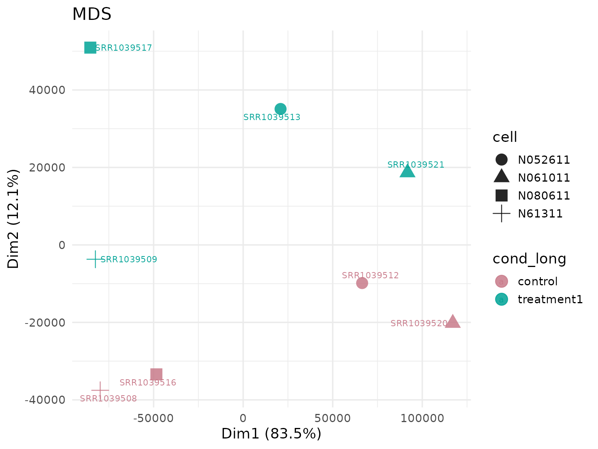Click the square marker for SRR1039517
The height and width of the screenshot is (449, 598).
pyautogui.click(x=90, y=48)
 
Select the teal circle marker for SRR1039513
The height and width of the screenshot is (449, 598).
pyautogui.click(x=280, y=109)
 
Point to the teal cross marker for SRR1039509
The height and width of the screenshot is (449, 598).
pyautogui.click(x=95, y=259)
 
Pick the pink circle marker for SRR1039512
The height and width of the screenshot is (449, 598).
pyautogui.click(x=362, y=283)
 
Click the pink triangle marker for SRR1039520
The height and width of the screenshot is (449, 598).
pyautogui.click(x=452, y=322)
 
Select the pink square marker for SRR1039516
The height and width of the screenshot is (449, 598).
pyautogui.click(x=156, y=374)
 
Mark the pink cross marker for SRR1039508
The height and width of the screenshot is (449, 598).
pyautogui.click(x=100, y=390)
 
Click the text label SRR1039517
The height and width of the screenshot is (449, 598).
pyautogui.click(x=123, y=48)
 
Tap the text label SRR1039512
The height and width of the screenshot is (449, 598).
pyautogui.click(x=370, y=276)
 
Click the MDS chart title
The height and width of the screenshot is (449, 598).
pyautogui.click(x=92, y=14)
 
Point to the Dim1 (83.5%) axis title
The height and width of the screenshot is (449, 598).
pyautogui.click(x=271, y=434)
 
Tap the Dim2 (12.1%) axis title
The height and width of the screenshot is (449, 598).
pyautogui.click(x=14, y=219)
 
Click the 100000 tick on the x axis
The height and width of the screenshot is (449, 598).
pyautogui.click(x=422, y=419)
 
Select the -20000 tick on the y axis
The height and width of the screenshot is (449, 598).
pyautogui.click(x=45, y=323)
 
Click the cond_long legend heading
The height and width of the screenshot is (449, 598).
pyautogui.click(x=529, y=259)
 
